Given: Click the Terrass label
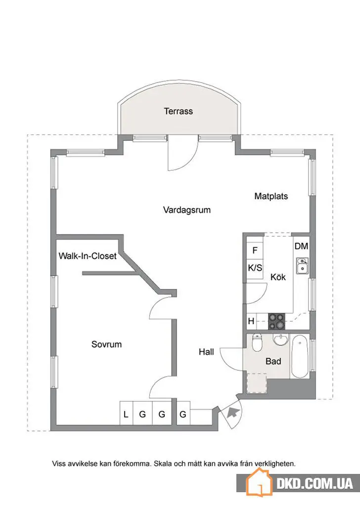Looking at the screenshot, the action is [x=178, y=111].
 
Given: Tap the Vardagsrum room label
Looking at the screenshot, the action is [x=187, y=210].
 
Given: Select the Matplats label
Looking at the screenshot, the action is [x=271, y=196].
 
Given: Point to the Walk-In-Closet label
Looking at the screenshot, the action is [x=88, y=256].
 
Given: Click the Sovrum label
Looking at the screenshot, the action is [x=107, y=344].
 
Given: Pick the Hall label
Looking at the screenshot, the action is [x=206, y=352].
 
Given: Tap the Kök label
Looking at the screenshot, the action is [x=278, y=277].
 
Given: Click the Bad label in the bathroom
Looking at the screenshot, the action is [x=273, y=361].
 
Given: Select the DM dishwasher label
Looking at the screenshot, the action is [x=301, y=246].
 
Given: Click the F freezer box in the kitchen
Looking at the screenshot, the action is [x=255, y=250].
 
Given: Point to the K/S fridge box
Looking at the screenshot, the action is [x=255, y=268].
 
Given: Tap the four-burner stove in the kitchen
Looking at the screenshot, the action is [x=276, y=321].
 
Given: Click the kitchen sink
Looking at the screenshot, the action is [x=303, y=265].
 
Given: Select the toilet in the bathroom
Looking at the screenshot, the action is [x=257, y=343].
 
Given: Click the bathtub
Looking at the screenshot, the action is [x=300, y=357].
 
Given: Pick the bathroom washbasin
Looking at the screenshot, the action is [x=280, y=340].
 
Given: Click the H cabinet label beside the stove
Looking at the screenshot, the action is [x=251, y=321].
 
